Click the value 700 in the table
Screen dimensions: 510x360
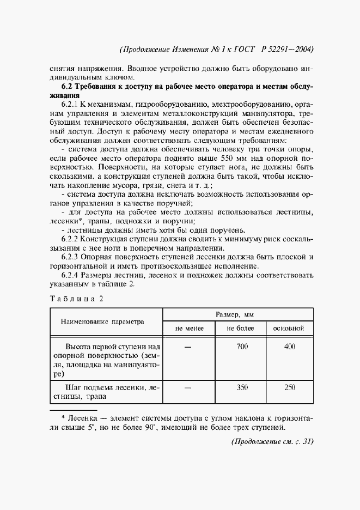242,347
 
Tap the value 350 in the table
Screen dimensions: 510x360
242,387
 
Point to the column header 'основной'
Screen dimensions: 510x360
289,329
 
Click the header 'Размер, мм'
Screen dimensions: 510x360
239,315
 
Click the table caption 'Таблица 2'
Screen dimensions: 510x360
76,297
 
